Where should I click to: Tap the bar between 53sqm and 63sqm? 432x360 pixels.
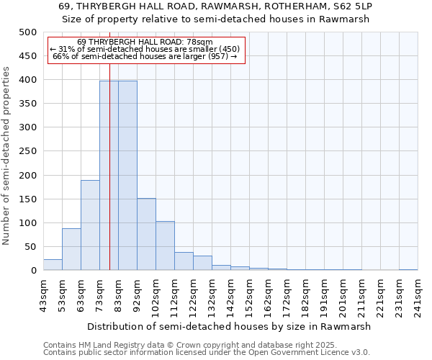[71, 249]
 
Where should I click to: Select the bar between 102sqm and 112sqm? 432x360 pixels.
[165, 246]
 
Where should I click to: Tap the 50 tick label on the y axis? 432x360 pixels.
[30, 247]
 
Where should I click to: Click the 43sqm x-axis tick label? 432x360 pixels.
[44, 294]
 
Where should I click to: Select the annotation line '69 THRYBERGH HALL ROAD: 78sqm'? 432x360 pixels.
[145, 42]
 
